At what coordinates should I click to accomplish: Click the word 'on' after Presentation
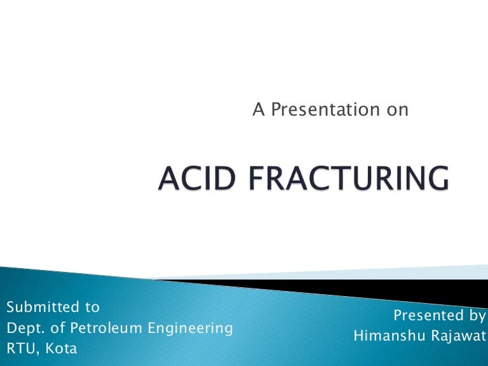point(397,110)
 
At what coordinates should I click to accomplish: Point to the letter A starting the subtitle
point(258,110)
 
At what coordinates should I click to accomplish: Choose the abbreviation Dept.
point(24,329)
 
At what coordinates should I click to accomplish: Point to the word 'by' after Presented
point(474,316)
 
